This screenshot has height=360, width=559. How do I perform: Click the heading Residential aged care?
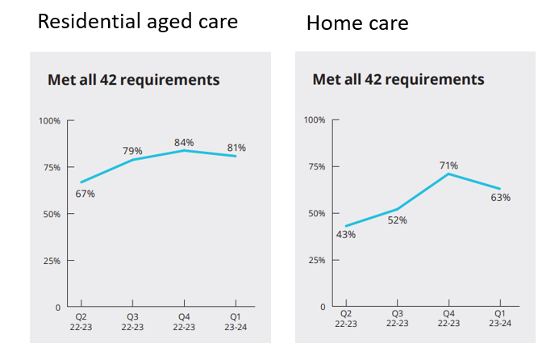[x=138, y=22]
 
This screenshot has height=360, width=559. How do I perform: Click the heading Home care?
[x=357, y=24]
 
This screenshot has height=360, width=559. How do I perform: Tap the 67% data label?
[x=86, y=194]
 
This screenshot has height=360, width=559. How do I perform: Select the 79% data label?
[x=132, y=151]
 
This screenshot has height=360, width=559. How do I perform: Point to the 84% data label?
[x=184, y=143]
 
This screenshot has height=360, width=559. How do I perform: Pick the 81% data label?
[x=236, y=148]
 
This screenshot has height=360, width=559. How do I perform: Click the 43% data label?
[x=346, y=235]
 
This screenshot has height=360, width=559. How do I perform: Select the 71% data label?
[x=448, y=165]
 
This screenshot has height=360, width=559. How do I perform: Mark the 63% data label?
[x=500, y=197]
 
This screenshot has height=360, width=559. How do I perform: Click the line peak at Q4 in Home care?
[x=448, y=174]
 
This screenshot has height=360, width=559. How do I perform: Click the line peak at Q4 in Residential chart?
[x=184, y=150]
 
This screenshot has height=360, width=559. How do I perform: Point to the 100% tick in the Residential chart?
[x=50, y=121]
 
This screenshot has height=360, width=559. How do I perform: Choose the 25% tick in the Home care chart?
[x=315, y=261]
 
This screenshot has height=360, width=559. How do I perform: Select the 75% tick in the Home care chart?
[x=315, y=167]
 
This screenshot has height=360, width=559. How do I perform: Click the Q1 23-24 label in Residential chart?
[x=236, y=321]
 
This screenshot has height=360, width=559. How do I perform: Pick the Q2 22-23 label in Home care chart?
[x=345, y=318]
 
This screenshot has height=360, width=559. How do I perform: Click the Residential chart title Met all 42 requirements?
[x=134, y=80]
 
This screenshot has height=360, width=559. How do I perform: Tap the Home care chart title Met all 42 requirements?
[x=398, y=79]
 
